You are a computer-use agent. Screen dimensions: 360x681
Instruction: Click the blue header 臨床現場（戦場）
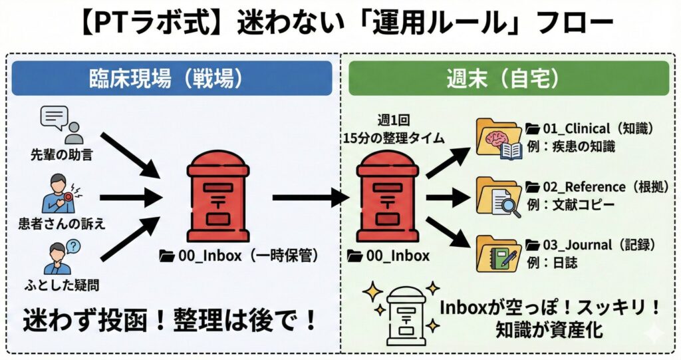click(x=172, y=79)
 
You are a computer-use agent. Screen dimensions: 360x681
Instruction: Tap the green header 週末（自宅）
click(x=508, y=79)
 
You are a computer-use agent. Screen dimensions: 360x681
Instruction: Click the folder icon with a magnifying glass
click(x=499, y=197)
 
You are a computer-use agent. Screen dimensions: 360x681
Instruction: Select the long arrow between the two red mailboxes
click(x=310, y=197)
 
